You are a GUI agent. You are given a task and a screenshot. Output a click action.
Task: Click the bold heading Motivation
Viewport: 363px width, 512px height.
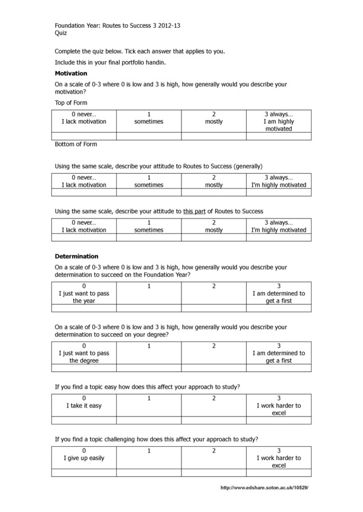71,73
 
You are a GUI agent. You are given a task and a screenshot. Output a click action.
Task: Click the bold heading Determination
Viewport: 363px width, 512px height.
76,256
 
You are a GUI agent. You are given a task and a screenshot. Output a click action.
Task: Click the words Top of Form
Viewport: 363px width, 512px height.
71,103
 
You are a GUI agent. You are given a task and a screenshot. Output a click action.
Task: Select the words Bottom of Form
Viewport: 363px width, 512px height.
76,144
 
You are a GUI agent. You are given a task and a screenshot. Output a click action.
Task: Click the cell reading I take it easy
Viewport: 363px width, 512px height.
84,406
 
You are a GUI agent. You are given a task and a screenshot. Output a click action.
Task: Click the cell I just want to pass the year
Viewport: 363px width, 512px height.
84,293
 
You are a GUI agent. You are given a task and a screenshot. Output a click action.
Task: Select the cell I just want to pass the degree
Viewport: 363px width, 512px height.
84,353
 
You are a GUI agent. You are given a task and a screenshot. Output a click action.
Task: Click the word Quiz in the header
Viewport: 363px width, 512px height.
60,33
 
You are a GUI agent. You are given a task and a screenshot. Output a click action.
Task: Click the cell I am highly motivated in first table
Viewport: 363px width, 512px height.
278,121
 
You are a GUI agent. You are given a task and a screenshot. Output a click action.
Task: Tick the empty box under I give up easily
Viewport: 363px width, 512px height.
84,473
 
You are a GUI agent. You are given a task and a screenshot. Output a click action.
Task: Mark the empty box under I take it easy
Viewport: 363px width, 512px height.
84,420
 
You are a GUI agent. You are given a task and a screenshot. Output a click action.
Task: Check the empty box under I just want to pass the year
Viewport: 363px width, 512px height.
84,308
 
